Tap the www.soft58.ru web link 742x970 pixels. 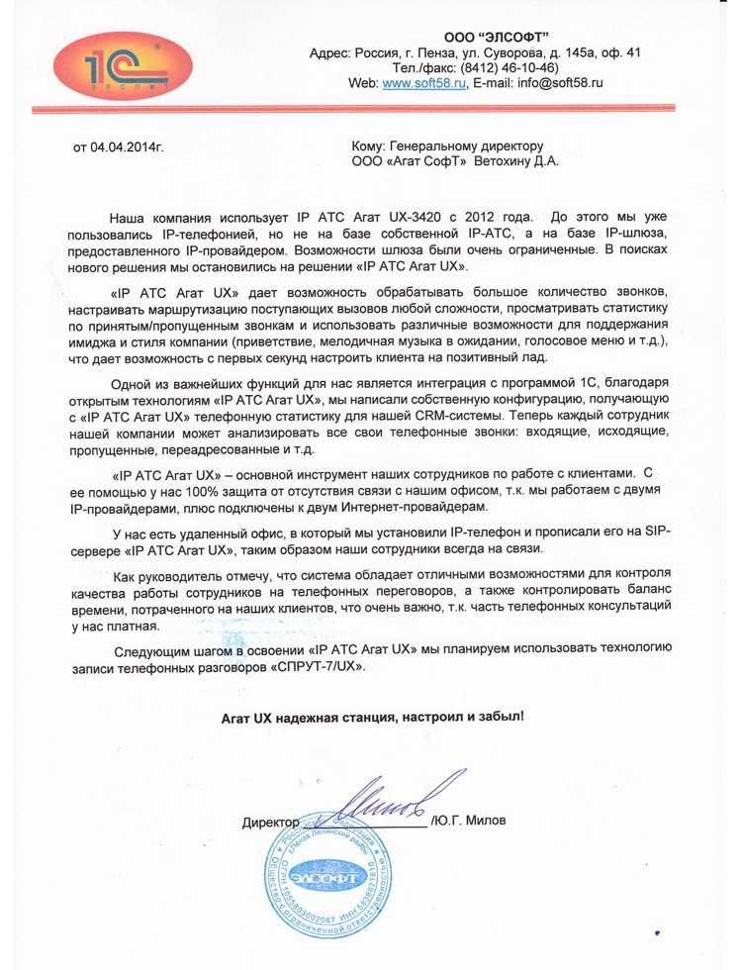423,84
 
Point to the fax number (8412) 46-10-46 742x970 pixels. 508,68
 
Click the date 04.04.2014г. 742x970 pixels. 119,148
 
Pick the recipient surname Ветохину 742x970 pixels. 507,161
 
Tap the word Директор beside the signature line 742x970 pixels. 269,824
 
